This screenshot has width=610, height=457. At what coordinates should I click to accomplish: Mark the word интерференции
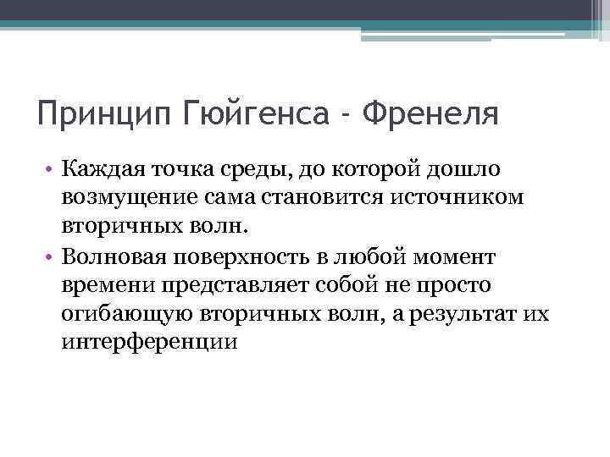click(x=149, y=343)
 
